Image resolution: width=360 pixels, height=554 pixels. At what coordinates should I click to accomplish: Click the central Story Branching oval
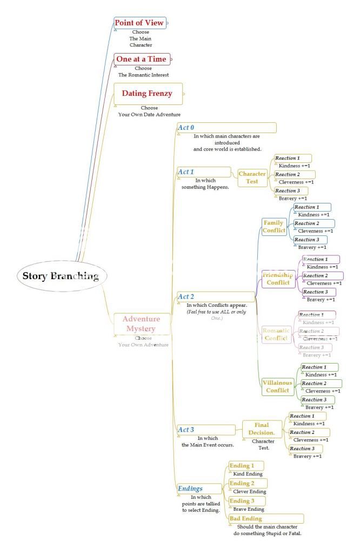(x=61, y=276)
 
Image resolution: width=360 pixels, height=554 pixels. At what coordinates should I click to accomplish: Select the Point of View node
(x=139, y=23)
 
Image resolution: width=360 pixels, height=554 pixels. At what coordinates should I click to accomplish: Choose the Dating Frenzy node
(x=146, y=94)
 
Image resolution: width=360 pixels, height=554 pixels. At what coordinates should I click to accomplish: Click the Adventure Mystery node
(x=141, y=324)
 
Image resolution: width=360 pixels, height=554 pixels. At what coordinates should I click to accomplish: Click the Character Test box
(x=252, y=177)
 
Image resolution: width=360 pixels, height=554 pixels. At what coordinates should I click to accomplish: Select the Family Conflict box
(x=274, y=226)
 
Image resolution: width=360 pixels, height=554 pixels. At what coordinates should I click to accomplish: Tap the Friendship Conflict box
(x=278, y=278)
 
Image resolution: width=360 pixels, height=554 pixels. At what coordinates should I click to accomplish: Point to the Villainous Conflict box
(x=278, y=386)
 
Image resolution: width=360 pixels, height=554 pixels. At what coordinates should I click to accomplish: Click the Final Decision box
(x=262, y=428)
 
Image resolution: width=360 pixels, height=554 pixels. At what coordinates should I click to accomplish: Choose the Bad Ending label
(x=242, y=518)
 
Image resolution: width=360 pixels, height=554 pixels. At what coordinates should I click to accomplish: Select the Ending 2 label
(x=242, y=483)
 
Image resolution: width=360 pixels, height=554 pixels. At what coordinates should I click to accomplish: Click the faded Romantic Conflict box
(x=276, y=334)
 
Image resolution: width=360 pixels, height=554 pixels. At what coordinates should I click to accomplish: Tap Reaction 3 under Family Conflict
(x=306, y=240)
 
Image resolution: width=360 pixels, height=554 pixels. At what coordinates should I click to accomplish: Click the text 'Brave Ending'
(x=249, y=509)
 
